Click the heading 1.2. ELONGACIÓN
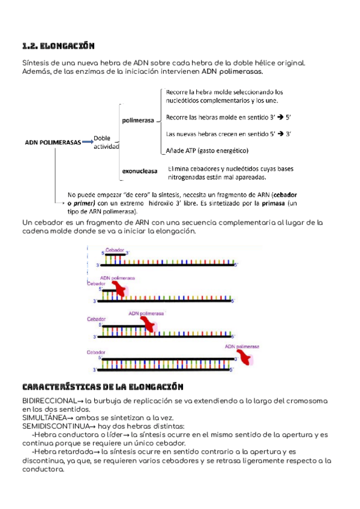58,46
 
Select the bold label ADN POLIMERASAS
52,142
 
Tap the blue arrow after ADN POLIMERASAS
88,142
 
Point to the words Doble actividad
106,142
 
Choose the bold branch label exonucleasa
140,172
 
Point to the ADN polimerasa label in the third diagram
146,313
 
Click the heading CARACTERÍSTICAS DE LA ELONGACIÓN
102,387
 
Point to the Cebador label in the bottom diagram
97,352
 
